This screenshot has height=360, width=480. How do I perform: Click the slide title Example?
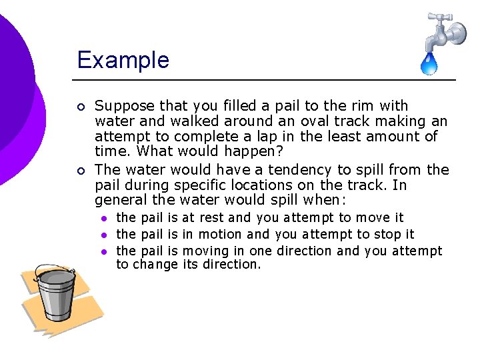click(x=123, y=60)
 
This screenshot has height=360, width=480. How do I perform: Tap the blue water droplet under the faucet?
click(x=428, y=64)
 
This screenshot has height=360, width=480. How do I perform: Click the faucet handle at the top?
click(x=440, y=17)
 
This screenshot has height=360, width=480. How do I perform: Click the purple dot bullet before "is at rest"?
click(x=104, y=218)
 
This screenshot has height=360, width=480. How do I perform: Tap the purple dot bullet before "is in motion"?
click(x=104, y=235)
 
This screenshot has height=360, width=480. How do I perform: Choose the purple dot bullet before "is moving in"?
click(x=104, y=251)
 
